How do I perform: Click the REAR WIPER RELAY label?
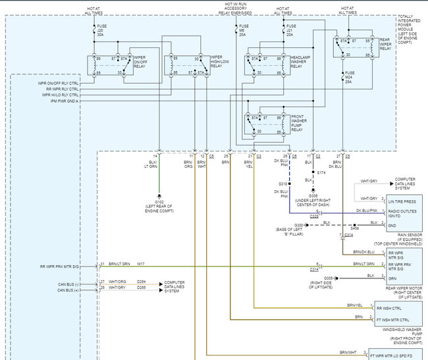[x=389, y=45]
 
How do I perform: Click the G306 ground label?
[x=313, y=199]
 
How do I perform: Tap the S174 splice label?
[x=321, y=172]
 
